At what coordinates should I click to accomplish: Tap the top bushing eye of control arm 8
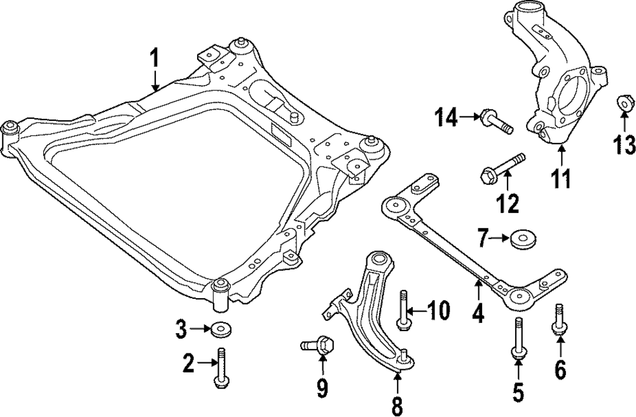(380, 259)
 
